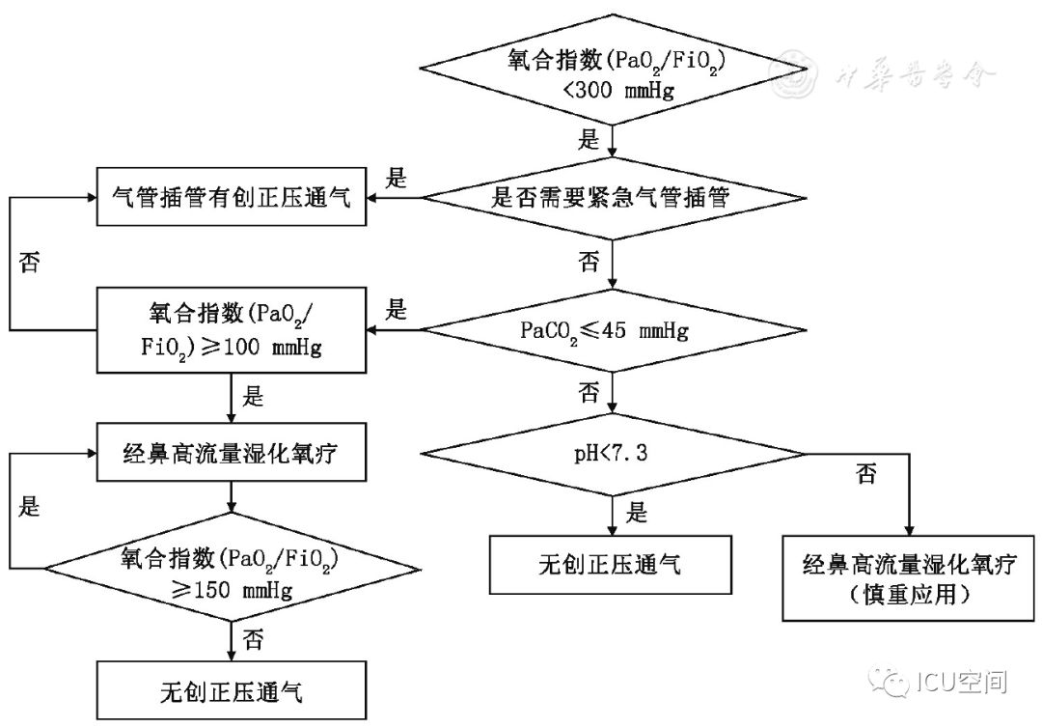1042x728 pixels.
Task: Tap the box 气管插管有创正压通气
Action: click(x=232, y=200)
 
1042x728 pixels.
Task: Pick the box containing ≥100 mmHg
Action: click(x=232, y=332)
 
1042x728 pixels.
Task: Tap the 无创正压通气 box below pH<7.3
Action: click(x=610, y=565)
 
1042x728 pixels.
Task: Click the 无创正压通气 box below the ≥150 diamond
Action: click(x=232, y=691)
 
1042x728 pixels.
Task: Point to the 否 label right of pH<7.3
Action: click(x=865, y=475)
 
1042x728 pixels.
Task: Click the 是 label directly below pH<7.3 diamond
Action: click(x=636, y=514)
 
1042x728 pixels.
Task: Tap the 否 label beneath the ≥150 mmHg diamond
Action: click(x=254, y=638)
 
